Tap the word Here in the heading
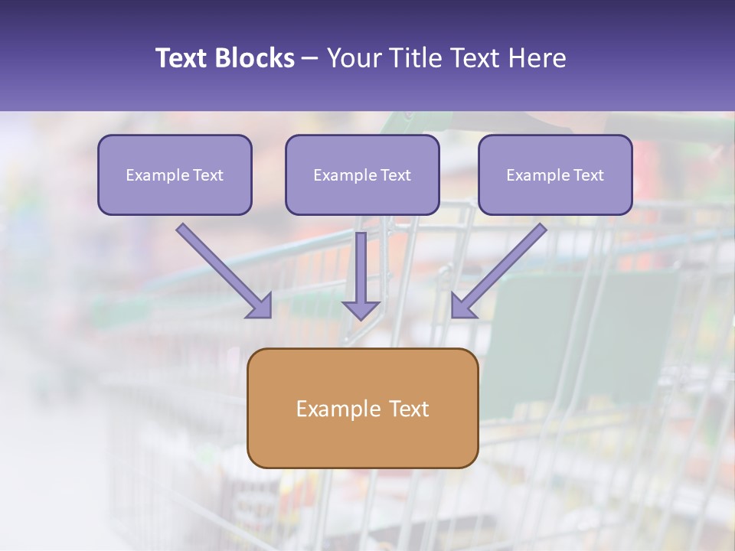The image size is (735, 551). tap(537, 58)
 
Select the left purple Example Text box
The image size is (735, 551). tap(175, 174)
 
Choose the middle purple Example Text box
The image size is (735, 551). tap(362, 174)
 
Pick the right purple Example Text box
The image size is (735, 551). tap(555, 174)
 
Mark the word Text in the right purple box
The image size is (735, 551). tap(589, 175)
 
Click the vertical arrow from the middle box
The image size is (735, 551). tap(361, 268)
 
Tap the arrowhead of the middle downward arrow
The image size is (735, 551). tap(361, 309)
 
